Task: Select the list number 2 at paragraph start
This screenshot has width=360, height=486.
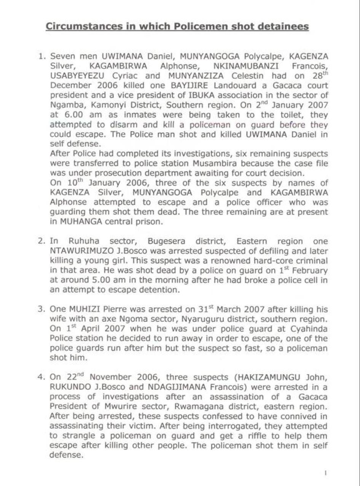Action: coord(41,241)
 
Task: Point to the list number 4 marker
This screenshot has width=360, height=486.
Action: coord(41,377)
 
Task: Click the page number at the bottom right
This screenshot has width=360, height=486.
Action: coord(325,473)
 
